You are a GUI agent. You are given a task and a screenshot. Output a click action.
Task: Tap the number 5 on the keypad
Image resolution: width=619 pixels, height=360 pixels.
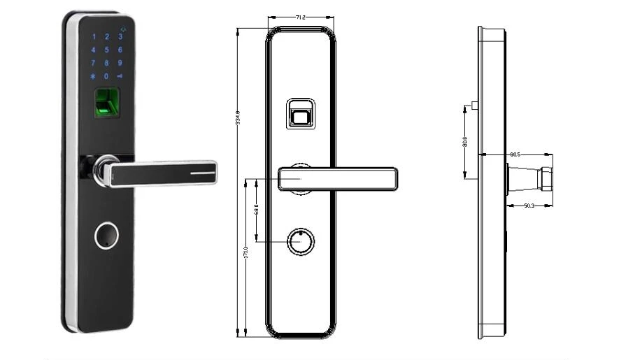click(106, 50)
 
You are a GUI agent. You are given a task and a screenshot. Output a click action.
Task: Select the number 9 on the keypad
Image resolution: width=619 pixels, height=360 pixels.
click(120, 63)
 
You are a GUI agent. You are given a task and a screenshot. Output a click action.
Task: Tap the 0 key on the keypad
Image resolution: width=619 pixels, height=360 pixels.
click(106, 76)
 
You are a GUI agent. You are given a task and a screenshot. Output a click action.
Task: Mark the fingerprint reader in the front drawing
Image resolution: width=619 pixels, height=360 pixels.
click(299, 113)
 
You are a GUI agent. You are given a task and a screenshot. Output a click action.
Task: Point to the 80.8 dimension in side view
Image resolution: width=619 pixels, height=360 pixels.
click(464, 142)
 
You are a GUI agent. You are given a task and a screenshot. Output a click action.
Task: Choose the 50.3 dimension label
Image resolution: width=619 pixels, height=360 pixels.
click(529, 205)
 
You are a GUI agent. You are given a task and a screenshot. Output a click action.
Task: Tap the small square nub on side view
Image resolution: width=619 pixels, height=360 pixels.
click(475, 106)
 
